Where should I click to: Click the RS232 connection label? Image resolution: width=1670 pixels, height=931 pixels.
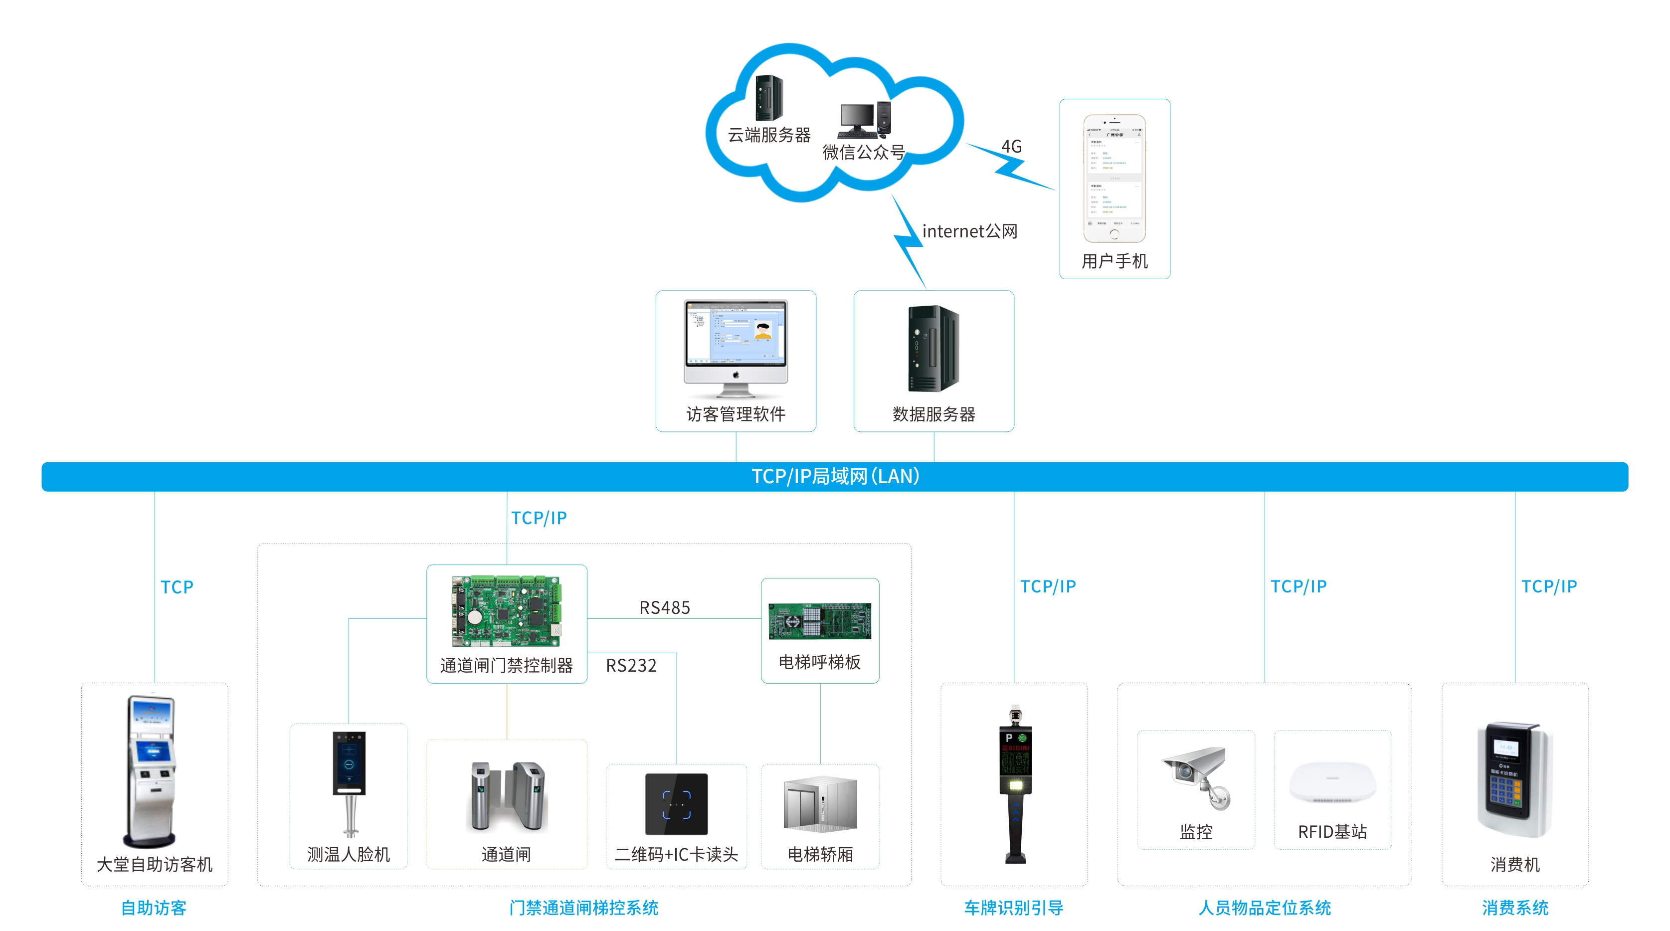(631, 665)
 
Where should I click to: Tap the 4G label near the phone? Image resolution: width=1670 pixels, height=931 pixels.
(1011, 147)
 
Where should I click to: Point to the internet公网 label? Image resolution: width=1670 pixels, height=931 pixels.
(969, 231)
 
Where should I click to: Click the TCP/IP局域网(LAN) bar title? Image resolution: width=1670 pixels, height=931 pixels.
(835, 477)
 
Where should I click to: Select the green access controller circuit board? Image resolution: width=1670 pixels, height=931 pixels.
(506, 611)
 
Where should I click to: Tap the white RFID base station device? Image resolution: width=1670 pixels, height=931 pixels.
(1332, 781)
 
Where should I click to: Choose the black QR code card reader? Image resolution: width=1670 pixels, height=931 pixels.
(676, 804)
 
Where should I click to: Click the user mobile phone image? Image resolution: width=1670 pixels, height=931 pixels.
(1114, 179)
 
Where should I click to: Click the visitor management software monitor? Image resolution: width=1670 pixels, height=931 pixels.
(736, 347)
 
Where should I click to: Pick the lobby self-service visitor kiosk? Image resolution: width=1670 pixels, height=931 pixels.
(152, 771)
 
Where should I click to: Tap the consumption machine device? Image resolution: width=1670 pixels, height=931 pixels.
(1514, 778)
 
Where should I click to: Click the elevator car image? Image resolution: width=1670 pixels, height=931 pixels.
(820, 804)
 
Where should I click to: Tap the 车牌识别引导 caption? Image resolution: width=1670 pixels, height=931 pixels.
(1013, 908)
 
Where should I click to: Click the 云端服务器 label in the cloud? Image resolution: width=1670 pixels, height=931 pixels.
(769, 135)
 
